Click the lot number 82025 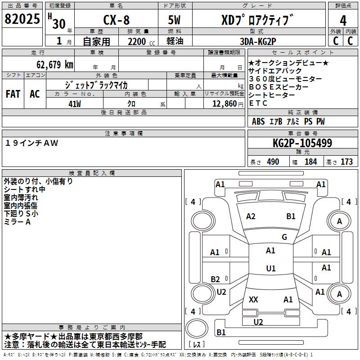tap(22, 19)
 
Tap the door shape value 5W tap(175, 21)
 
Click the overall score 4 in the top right tap(343, 21)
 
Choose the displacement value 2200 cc tap(138, 42)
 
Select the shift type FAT tap(13, 94)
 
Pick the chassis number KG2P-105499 tap(302, 143)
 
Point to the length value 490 tap(273, 162)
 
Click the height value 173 tap(346, 162)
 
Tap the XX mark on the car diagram tap(253, 300)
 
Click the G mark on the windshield tap(284, 237)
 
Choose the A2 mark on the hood tap(251, 216)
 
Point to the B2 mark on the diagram tap(216, 279)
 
